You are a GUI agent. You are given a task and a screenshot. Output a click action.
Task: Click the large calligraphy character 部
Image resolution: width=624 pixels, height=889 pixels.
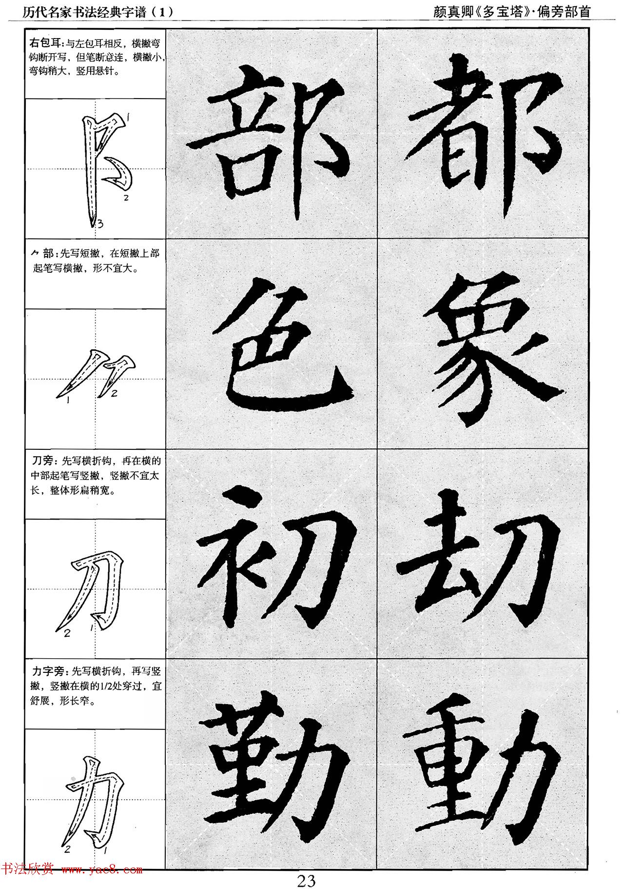click(271, 134)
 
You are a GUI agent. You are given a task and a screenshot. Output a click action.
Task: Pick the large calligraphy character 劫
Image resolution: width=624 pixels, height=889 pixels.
click(480, 556)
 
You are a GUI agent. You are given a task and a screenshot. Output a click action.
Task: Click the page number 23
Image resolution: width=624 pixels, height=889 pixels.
click(307, 877)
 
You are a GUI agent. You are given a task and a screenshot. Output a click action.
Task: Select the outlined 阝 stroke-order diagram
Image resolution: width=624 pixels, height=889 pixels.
click(105, 168)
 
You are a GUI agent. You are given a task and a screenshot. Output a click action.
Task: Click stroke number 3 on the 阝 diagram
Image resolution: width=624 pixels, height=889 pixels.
click(99, 224)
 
